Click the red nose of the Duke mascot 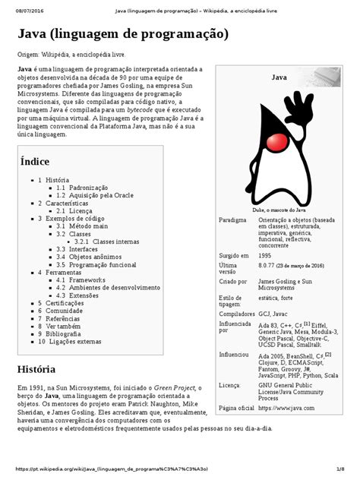coord(283,141)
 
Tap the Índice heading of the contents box coord(35,161)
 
